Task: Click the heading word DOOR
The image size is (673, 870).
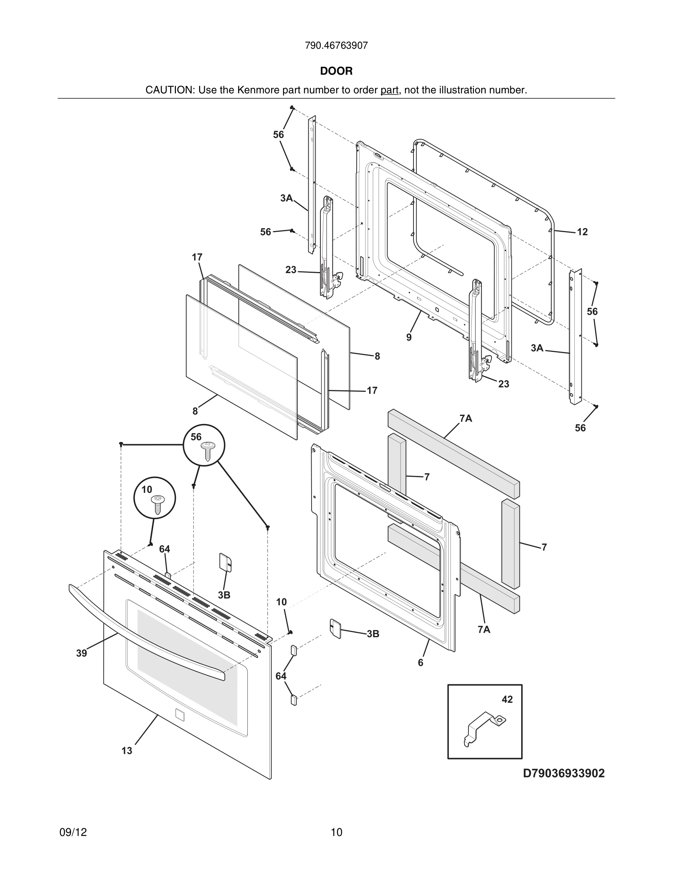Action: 336,71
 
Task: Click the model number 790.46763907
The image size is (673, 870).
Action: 336,46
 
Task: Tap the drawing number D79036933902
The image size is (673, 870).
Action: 563,773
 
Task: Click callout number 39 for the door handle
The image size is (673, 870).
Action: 81,653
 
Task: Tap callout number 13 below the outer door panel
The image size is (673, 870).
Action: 127,751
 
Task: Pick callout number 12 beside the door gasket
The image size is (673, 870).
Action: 582,232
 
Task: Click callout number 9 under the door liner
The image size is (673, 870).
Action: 409,337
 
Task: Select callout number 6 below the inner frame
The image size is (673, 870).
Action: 420,662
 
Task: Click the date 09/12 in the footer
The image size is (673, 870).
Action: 73,832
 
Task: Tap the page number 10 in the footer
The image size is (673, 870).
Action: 336,832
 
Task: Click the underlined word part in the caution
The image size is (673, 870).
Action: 389,90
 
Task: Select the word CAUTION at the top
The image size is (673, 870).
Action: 169,90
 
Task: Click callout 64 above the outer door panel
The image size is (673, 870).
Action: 164,549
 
